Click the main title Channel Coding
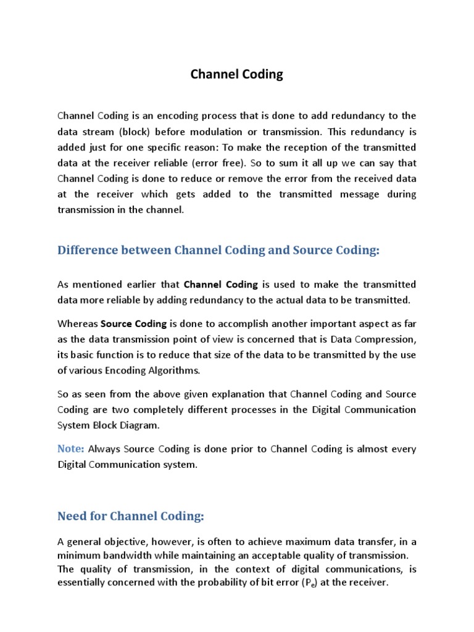[x=236, y=75]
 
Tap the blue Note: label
[x=70, y=449]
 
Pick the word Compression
[x=388, y=339]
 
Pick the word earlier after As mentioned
[x=151, y=284]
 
